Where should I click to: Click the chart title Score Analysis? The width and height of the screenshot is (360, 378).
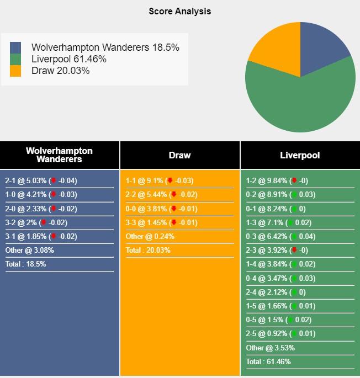point(179,11)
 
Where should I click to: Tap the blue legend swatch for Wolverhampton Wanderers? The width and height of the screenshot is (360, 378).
point(15,47)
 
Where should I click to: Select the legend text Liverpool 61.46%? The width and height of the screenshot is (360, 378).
point(69,59)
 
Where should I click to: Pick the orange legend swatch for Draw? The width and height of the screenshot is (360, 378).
point(15,71)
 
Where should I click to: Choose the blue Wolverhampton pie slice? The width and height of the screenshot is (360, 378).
point(323,47)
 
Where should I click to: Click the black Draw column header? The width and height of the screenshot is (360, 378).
point(179,155)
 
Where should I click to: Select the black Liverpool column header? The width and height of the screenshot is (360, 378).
point(300,155)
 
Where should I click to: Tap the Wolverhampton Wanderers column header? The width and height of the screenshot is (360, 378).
point(59,155)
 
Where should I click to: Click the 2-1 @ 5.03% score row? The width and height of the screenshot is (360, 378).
point(41,180)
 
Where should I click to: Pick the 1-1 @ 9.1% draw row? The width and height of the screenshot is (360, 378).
point(160,180)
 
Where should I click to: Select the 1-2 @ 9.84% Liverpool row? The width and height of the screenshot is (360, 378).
point(277,180)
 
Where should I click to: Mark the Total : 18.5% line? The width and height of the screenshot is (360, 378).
point(26,264)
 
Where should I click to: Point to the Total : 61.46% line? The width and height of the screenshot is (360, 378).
point(268,362)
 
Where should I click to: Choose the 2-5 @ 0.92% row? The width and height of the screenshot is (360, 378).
point(281,334)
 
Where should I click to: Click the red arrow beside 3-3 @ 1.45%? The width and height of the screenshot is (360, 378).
point(174,223)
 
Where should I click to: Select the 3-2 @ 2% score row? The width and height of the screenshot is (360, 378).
point(36,222)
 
